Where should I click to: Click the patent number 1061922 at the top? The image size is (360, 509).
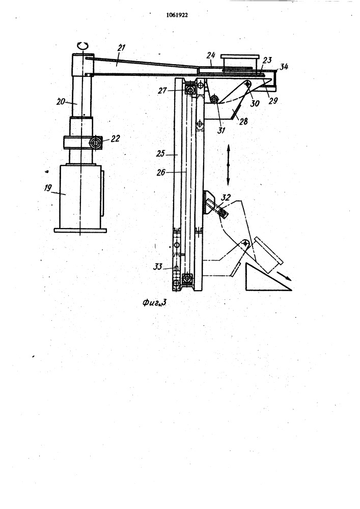[177, 15]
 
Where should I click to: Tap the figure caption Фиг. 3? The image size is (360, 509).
[154, 303]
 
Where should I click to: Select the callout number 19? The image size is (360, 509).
[48, 188]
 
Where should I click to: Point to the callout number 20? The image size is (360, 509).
[61, 102]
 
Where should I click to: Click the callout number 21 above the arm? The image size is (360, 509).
[121, 48]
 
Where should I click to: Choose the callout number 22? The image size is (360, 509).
[115, 138]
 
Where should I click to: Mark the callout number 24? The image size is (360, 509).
[211, 55]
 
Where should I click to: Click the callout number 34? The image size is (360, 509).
[284, 67]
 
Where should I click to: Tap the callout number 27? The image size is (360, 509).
[162, 91]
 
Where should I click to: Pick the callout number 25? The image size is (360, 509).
[160, 153]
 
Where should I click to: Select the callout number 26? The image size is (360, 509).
[161, 173]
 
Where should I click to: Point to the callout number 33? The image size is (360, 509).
[158, 267]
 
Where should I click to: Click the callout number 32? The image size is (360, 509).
[226, 197]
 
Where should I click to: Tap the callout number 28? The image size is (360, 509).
[243, 122]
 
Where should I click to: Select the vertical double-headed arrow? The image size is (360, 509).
[228, 165]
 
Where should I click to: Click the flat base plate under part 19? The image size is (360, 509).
[80, 231]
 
